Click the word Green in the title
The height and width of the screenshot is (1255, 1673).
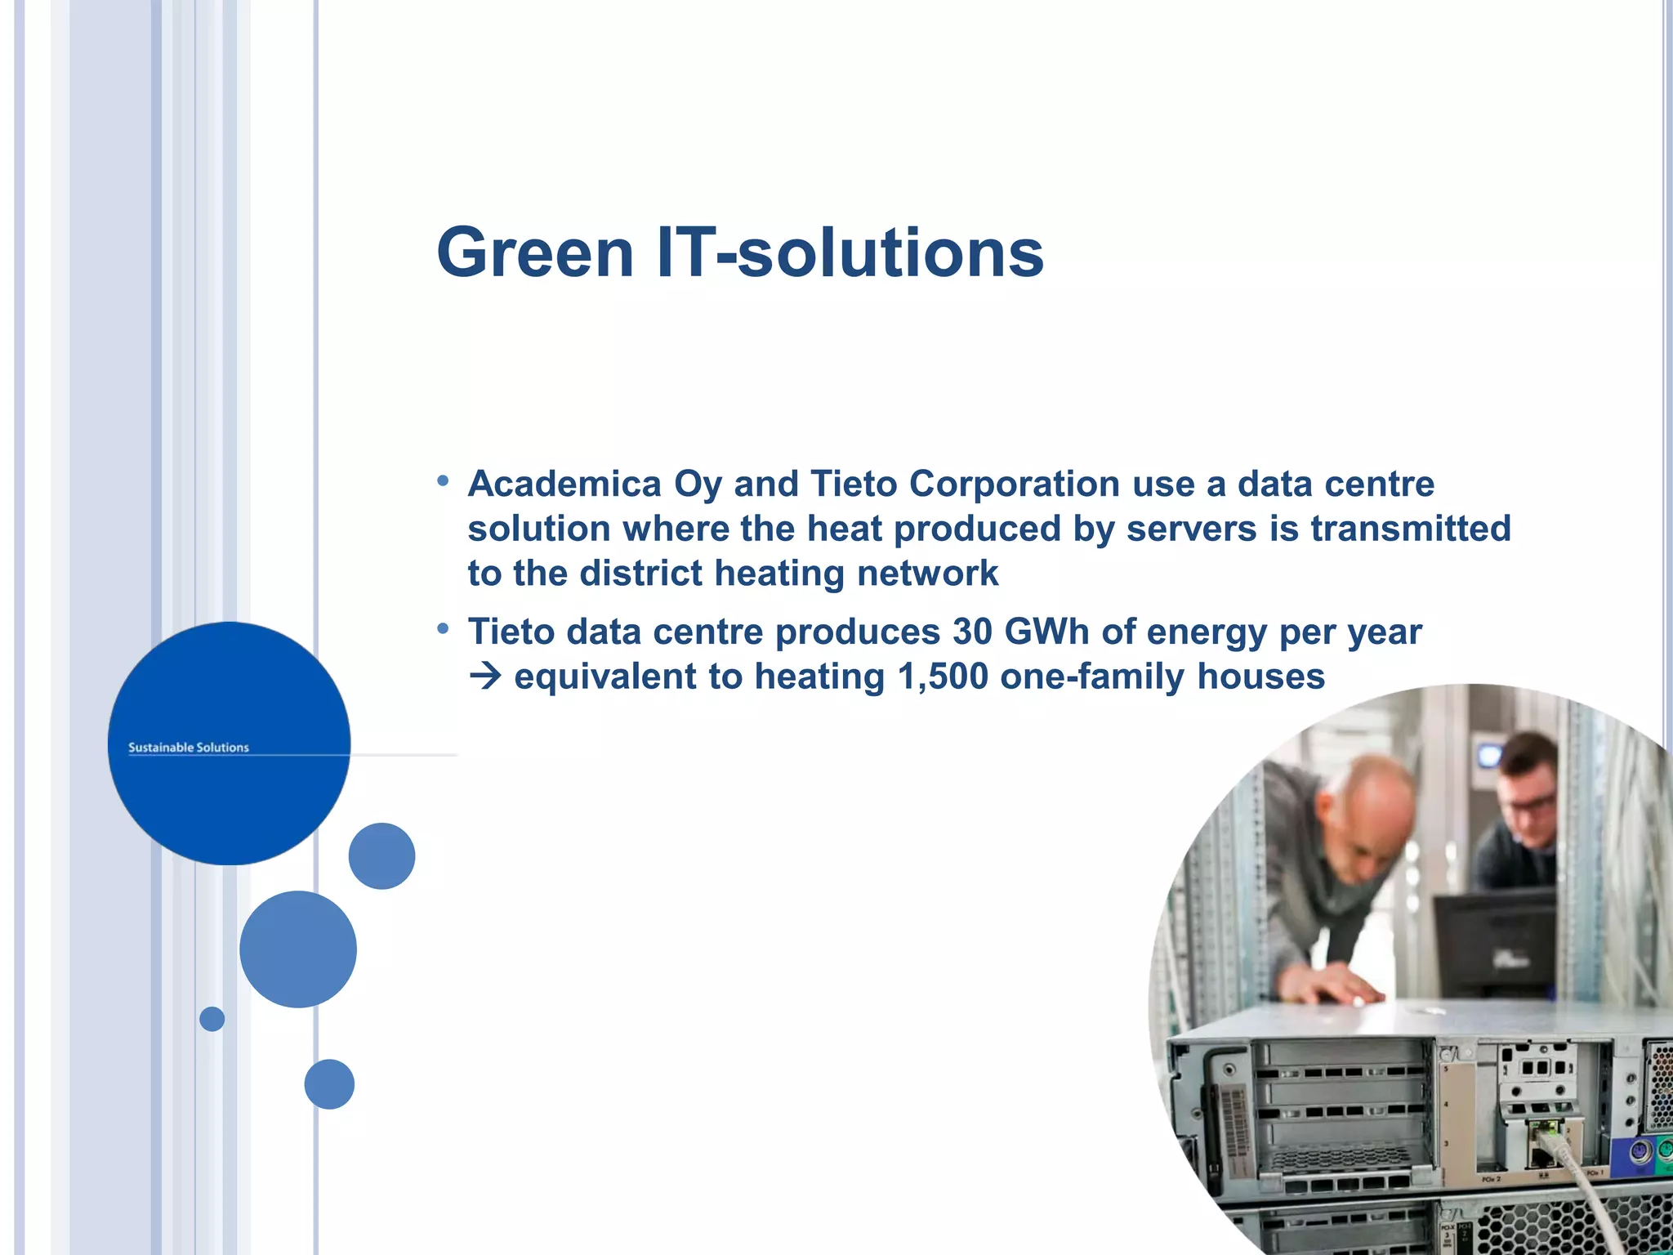(x=535, y=252)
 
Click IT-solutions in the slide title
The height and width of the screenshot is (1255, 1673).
(x=850, y=252)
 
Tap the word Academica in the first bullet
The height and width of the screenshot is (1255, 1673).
(x=564, y=484)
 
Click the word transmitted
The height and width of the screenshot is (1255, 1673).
(x=1410, y=529)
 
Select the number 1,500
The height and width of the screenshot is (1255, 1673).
(x=942, y=677)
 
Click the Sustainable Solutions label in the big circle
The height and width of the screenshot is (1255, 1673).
(x=189, y=748)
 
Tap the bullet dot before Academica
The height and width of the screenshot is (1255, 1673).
(x=443, y=481)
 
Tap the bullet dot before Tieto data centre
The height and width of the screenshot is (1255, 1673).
(x=443, y=629)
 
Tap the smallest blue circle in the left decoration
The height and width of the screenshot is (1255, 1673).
(x=212, y=1019)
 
